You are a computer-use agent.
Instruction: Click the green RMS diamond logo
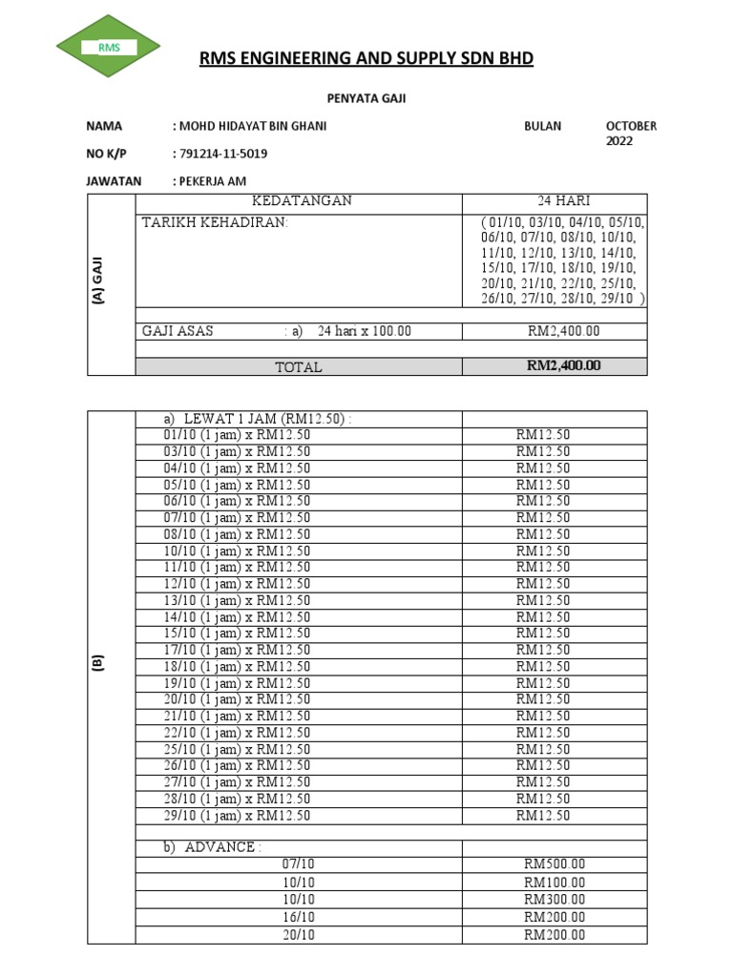point(108,47)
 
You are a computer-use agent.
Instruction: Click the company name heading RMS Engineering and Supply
point(366,59)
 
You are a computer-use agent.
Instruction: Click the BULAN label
point(542,126)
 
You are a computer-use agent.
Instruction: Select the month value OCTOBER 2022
point(630,134)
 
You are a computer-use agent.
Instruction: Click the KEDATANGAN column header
point(301,200)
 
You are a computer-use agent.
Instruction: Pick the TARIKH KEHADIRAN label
point(214,223)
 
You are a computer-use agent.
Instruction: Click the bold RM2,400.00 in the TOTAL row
point(563,365)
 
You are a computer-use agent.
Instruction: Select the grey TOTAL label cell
point(299,366)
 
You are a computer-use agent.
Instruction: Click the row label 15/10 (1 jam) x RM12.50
point(237,634)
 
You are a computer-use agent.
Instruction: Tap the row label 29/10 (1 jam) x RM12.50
point(237,816)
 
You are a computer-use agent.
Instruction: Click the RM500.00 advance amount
point(555,864)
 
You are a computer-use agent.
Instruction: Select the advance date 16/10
point(299,917)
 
